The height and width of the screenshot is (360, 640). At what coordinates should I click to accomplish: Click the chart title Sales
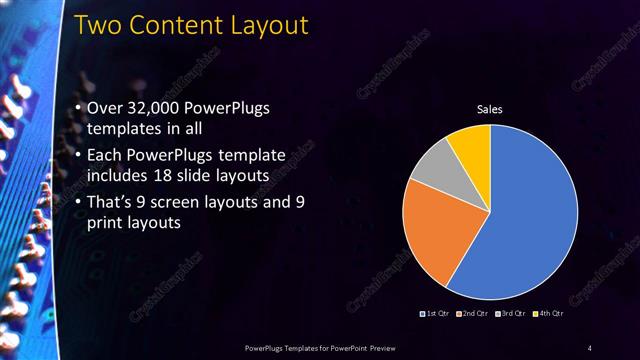pos(489,109)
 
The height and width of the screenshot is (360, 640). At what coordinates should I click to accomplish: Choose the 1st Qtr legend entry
pos(436,314)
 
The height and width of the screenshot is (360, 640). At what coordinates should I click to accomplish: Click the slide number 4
pos(589,347)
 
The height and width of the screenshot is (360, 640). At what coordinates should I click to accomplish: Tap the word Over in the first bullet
pos(107,108)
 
